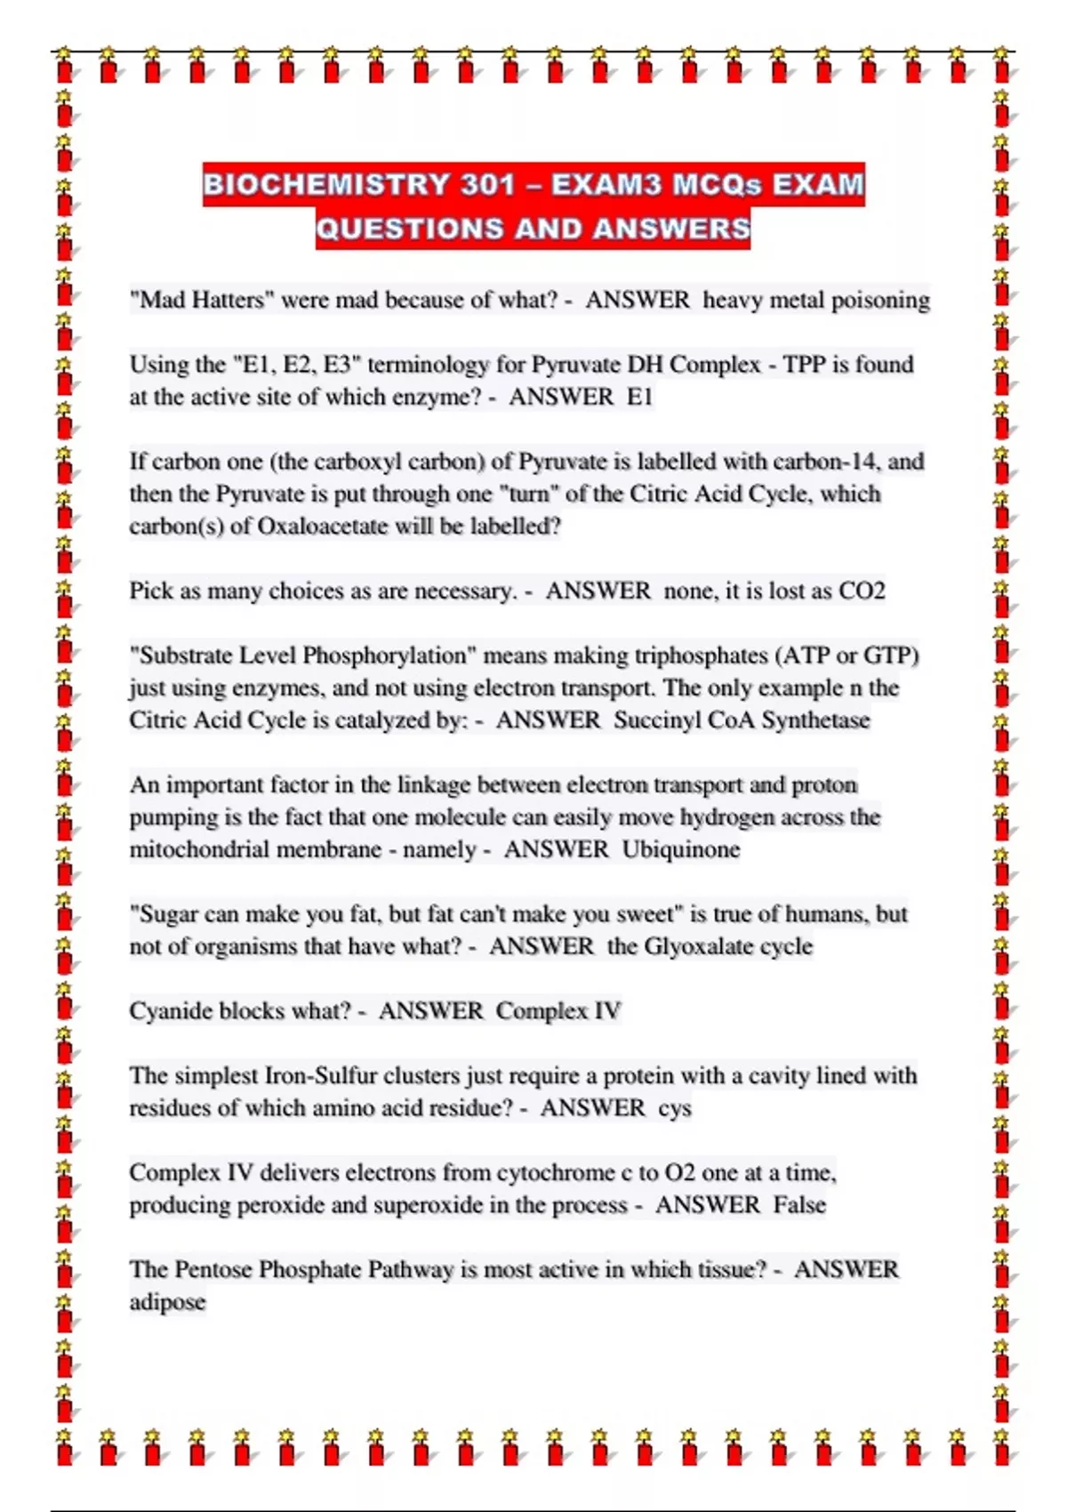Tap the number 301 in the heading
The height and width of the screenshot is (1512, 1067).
coord(488,185)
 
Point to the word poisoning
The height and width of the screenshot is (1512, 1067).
coord(880,300)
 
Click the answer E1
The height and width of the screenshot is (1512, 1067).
coord(639,397)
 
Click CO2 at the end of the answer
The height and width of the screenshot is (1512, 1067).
coord(862,591)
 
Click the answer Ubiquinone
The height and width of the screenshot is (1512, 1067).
coord(680,849)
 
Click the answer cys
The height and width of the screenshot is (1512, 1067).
coord(675,1109)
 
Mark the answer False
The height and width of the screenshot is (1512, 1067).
coord(799,1205)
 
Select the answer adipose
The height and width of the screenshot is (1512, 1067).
coord(167,1303)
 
